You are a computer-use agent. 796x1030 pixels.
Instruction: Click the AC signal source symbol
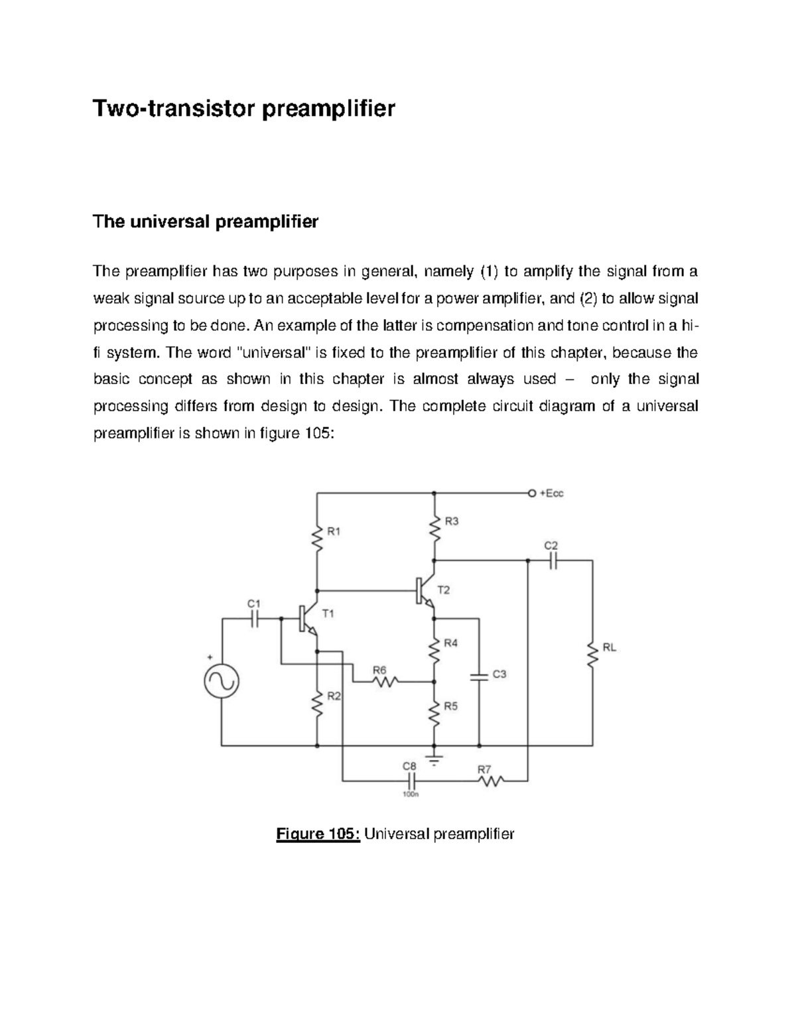(x=222, y=682)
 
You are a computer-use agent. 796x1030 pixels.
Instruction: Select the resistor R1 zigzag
(x=318, y=539)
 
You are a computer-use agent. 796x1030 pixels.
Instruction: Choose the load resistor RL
(x=592, y=655)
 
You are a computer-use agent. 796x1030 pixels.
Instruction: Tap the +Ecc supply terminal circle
(x=530, y=493)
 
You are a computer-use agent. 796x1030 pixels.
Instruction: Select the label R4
(x=450, y=643)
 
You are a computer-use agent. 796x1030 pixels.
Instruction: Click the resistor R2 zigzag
(x=318, y=705)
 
